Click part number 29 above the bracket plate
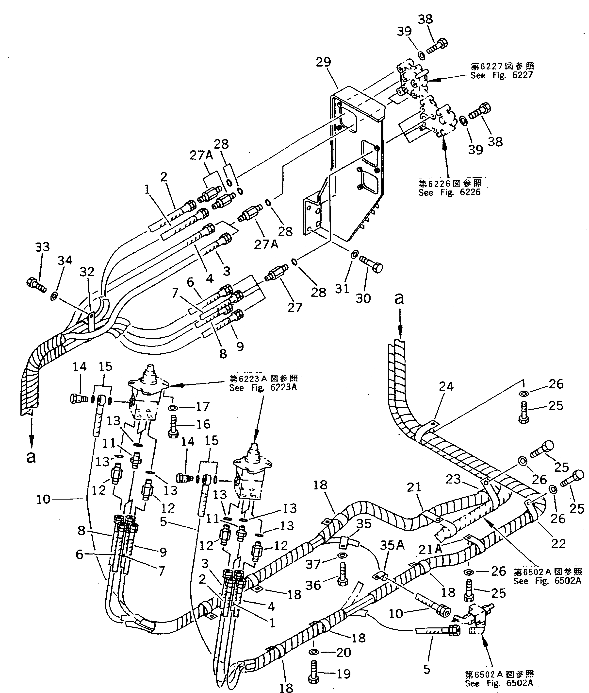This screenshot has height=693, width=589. click(x=323, y=62)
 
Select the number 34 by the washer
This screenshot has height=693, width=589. click(x=65, y=260)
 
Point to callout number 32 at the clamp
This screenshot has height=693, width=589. click(x=87, y=272)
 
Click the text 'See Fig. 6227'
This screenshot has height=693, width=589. click(x=502, y=75)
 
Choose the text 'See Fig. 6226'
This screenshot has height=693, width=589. click(x=449, y=192)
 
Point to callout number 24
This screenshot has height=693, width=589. click(x=446, y=386)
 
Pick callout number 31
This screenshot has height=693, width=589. click(x=342, y=289)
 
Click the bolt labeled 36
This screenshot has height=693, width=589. click(x=342, y=574)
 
